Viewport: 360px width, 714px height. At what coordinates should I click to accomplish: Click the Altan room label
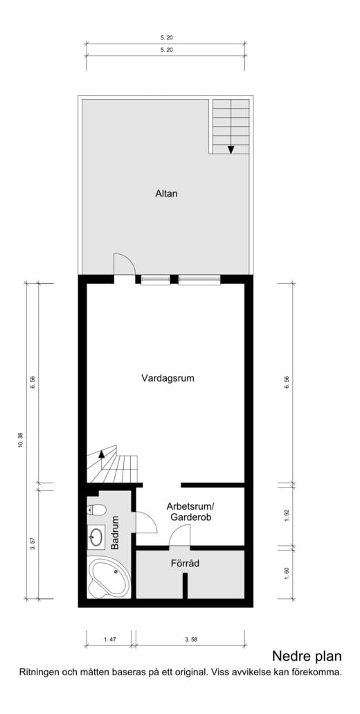click(166, 194)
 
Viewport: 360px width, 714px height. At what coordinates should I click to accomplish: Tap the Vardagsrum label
click(167, 378)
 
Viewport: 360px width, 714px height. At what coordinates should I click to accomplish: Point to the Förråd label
click(185, 564)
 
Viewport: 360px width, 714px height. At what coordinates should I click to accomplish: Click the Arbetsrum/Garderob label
click(190, 511)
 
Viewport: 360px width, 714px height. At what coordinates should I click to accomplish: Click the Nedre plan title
click(306, 656)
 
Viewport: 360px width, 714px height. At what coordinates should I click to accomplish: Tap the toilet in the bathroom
click(96, 511)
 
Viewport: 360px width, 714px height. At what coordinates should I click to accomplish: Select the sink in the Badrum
click(96, 536)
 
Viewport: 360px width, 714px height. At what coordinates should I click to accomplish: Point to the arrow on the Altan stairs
click(231, 148)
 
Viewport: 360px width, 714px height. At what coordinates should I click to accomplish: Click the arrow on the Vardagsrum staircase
click(101, 454)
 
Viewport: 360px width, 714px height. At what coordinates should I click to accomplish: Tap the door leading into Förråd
click(180, 535)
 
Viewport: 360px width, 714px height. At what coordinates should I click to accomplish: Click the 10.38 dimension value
click(20, 440)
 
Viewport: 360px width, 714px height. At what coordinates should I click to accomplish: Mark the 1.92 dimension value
click(286, 515)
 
